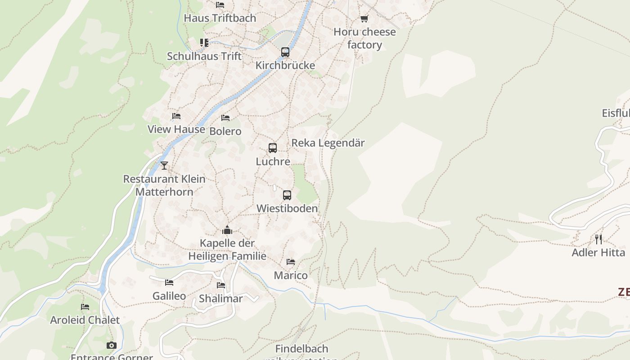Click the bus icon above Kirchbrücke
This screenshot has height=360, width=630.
pyautogui.click(x=285, y=52)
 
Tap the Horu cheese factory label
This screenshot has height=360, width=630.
pyautogui.click(x=364, y=38)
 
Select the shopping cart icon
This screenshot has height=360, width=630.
pyautogui.click(x=364, y=19)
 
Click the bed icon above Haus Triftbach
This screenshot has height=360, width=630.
pyautogui.click(x=220, y=5)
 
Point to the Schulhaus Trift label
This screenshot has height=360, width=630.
pyautogui.click(x=204, y=56)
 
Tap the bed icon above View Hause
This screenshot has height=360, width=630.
pyautogui.click(x=176, y=116)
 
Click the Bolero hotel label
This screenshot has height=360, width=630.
pyautogui.click(x=225, y=131)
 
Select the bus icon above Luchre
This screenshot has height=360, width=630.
pyautogui.click(x=272, y=148)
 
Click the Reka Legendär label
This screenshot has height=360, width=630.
pyautogui.click(x=328, y=143)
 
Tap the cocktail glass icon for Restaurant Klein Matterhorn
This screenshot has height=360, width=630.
pyautogui.click(x=164, y=166)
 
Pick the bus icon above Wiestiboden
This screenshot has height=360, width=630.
pyautogui.click(x=287, y=195)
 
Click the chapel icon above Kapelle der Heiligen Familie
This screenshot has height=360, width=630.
pyautogui.click(x=227, y=230)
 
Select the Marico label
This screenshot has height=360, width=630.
pyautogui.click(x=291, y=275)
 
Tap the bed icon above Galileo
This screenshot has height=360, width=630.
pyautogui.click(x=169, y=283)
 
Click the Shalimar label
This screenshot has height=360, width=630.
pyautogui.click(x=221, y=299)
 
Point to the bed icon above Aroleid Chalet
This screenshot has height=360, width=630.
pyautogui.click(x=85, y=307)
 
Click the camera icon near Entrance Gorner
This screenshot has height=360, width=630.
pyautogui.click(x=112, y=345)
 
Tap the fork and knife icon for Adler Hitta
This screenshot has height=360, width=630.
pyautogui.click(x=598, y=239)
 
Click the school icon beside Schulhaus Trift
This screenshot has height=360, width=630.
pyautogui.click(x=204, y=43)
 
